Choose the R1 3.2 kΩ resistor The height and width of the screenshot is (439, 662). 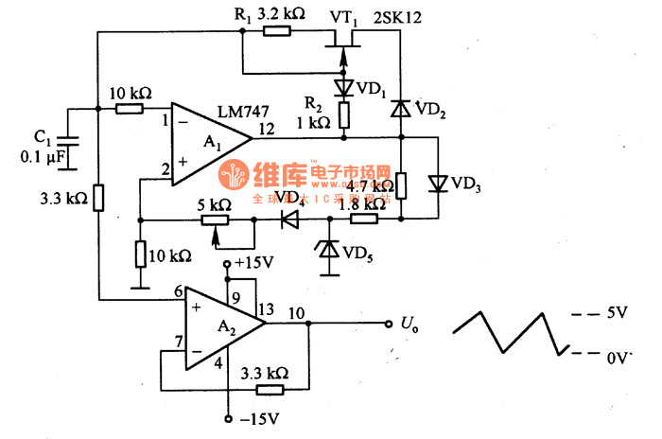(276, 30)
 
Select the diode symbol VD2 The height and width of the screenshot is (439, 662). (400, 108)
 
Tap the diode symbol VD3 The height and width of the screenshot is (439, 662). (438, 183)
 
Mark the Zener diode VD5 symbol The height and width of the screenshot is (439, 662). (328, 249)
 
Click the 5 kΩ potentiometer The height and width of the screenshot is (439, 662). (215, 220)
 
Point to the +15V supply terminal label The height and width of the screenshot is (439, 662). (253, 261)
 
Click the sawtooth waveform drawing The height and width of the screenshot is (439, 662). (511, 331)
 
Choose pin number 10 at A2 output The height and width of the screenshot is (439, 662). (296, 313)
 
